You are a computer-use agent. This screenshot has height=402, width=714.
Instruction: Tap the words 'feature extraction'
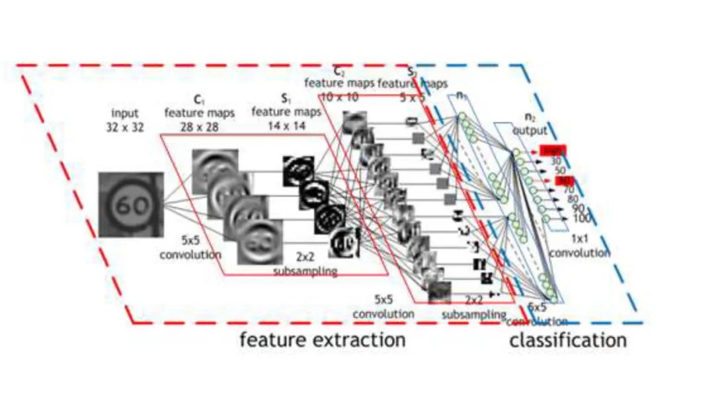[x=322, y=341]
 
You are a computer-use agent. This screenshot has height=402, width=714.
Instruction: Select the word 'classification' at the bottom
[x=567, y=341]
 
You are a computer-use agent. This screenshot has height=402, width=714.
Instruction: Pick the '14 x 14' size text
[x=284, y=126]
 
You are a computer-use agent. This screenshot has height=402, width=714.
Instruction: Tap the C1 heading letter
[x=197, y=100]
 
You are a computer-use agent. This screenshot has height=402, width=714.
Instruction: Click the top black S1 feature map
[x=297, y=173]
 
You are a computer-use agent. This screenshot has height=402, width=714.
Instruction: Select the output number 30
[x=556, y=161]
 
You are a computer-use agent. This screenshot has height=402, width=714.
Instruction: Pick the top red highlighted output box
[x=552, y=150]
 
